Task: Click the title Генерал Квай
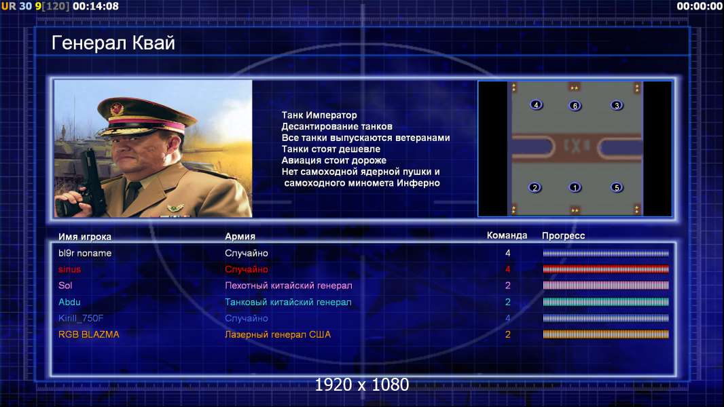pos(113,43)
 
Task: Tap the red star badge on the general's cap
pos(117,109)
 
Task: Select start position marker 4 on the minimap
pos(536,105)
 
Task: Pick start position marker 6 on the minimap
pos(575,106)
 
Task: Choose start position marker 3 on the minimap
pos(617,106)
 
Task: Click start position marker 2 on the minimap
pos(535,188)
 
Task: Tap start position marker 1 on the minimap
pos(575,188)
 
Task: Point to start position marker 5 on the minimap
pos(617,188)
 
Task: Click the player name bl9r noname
pos(85,253)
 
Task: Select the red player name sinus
pos(70,269)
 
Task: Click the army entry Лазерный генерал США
pos(278,334)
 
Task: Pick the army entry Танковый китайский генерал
pos(288,303)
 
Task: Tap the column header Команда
pos(507,235)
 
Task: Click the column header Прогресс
pos(563,236)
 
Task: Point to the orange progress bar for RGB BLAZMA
pos(606,334)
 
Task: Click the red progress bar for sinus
pos(606,269)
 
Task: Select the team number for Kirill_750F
pos(508,319)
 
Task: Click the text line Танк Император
pos(319,115)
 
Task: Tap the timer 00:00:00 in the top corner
pos(700,7)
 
